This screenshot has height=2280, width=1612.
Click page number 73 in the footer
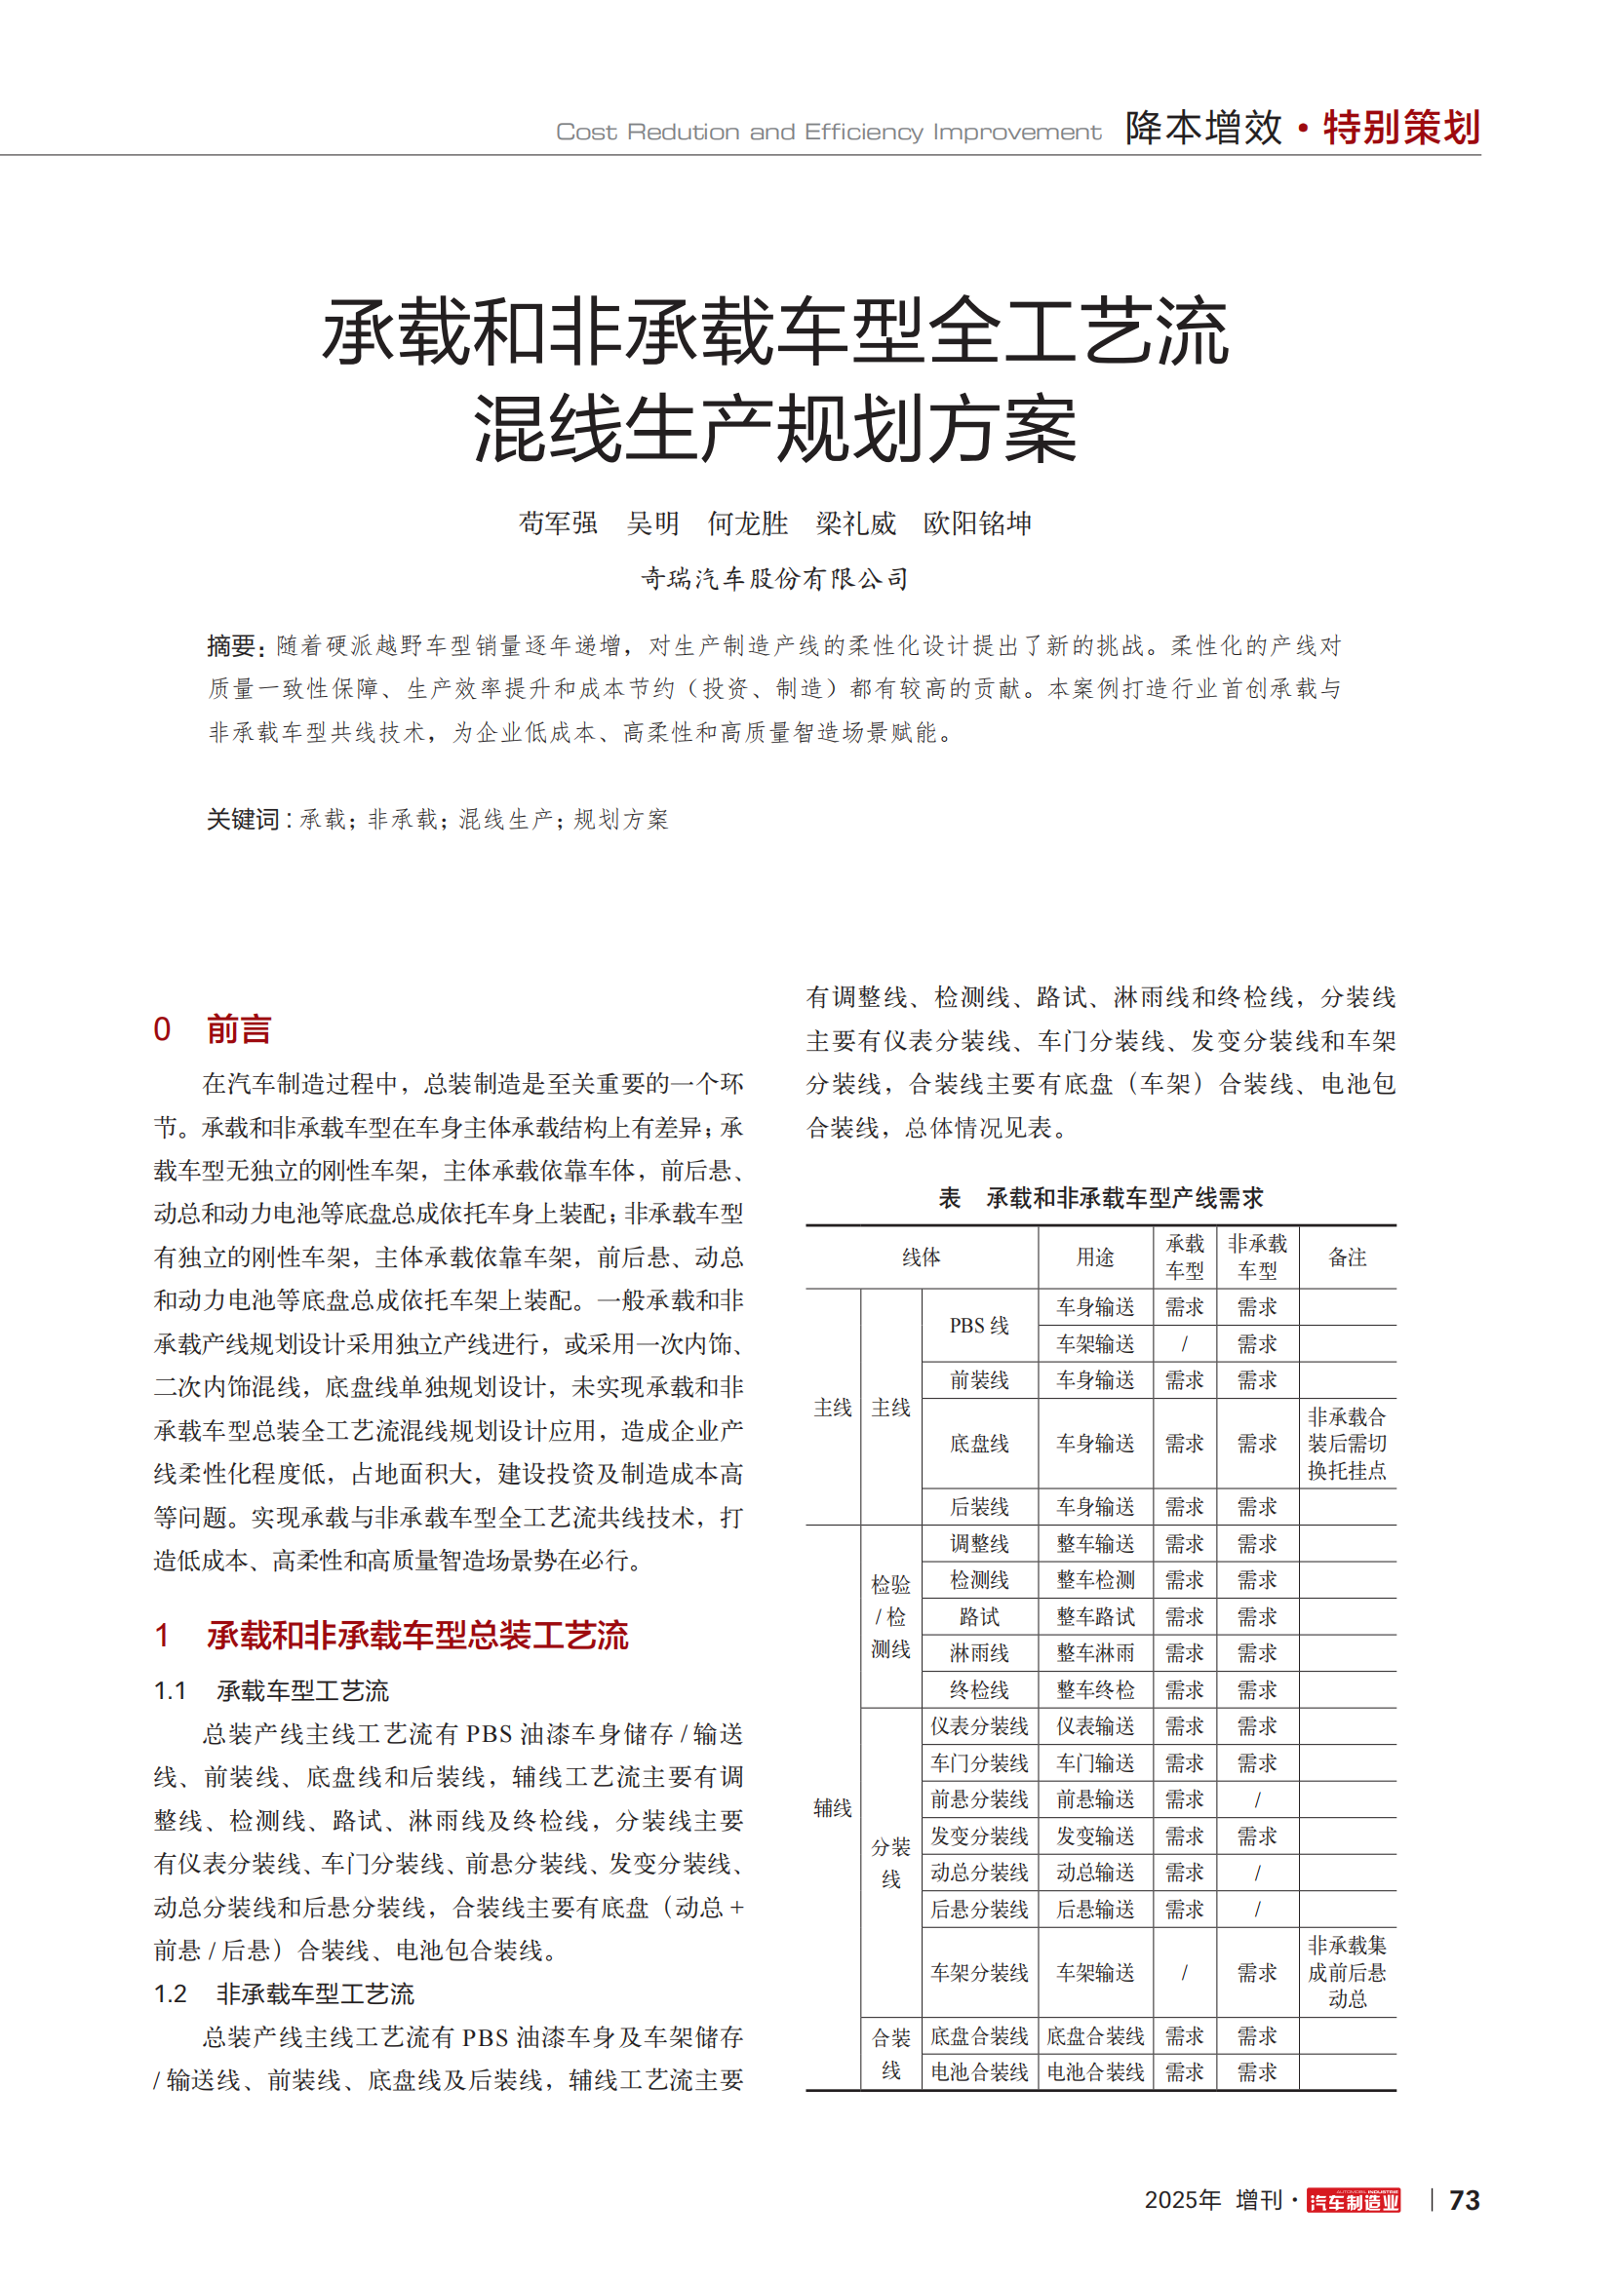[x=1464, y=2201]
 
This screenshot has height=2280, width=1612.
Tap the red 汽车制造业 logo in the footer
[x=1353, y=2202]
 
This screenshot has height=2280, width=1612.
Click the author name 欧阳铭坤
[x=977, y=523]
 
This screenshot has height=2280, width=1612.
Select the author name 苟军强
[x=558, y=523]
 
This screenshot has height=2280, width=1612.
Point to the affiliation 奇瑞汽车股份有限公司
[x=773, y=578]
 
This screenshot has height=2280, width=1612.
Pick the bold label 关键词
[x=244, y=819]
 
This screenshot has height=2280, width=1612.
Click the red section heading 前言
[x=238, y=1028]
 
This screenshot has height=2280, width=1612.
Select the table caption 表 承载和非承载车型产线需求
[x=1100, y=1198]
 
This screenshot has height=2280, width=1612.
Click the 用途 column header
[x=1095, y=1257]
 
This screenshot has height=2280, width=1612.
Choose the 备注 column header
[x=1347, y=1257]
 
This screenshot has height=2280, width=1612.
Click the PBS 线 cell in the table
[x=978, y=1326]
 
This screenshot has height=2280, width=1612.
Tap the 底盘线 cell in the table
[x=978, y=1443]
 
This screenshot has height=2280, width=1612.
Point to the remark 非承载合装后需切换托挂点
[x=1347, y=1443]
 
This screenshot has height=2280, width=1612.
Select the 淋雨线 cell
[x=978, y=1653]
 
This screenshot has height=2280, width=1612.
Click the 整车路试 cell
[x=1095, y=1616]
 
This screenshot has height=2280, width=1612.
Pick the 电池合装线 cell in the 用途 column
[x=1095, y=2072]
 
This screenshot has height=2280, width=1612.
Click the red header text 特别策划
[x=1401, y=128]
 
